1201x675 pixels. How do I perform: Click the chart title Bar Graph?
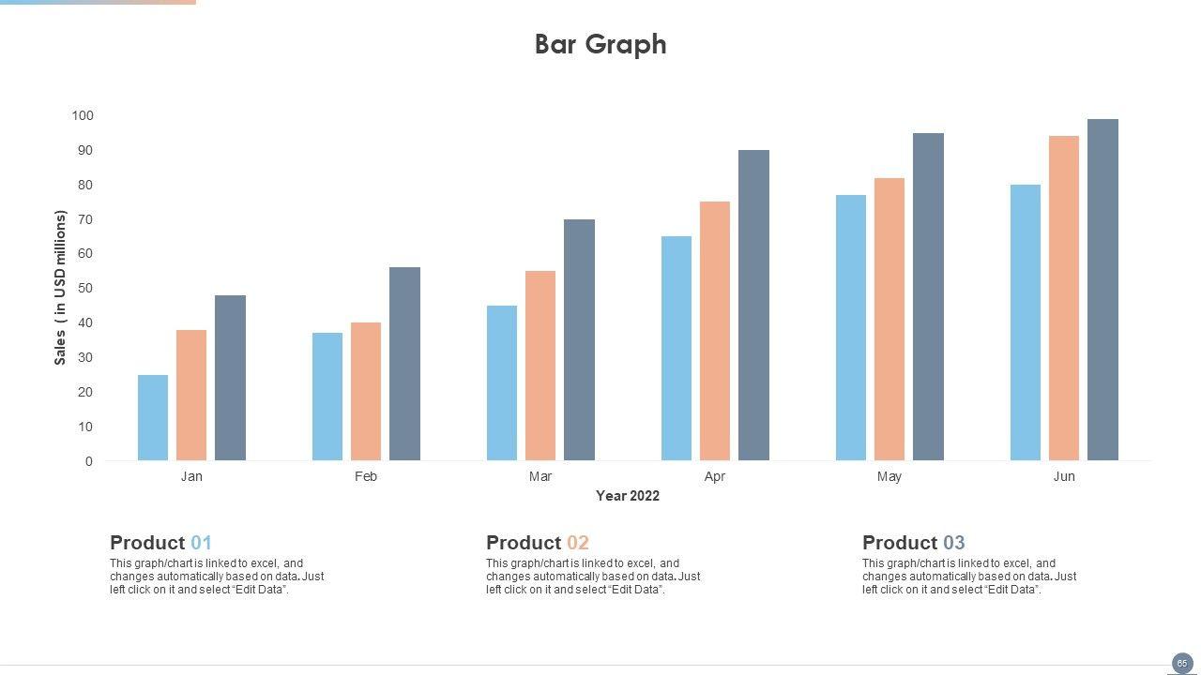600,44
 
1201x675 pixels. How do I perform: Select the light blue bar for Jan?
153,418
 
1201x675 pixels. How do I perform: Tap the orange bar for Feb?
366,392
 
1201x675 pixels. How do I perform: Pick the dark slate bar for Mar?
579,340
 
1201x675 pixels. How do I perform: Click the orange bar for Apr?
715,331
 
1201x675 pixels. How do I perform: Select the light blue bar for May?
851,328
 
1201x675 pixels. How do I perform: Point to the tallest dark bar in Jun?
1102,290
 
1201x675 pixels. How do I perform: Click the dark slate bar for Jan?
230,378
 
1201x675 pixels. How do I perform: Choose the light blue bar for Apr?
677,349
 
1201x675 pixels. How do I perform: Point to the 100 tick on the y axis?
83,115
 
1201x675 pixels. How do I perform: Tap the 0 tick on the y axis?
89,461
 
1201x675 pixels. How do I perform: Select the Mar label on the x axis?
540,476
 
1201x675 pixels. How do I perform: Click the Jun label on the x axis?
1064,476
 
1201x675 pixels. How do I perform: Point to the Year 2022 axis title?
628,496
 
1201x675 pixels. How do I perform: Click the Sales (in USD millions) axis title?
60,288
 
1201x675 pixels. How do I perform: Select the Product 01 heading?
160,543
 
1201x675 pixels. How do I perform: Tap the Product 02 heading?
537,543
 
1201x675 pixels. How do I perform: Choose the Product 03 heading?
913,543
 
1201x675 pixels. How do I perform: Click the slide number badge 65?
1181,663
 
